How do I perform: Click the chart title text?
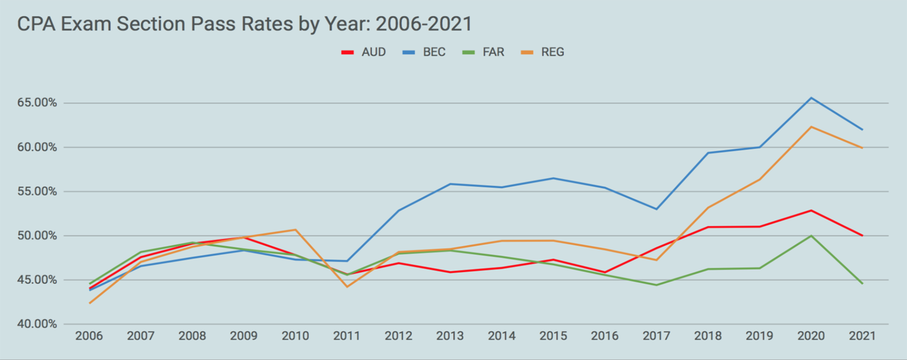coord(244,24)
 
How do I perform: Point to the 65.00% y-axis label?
coord(37,103)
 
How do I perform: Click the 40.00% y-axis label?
coord(37,324)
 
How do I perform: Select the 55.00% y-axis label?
coord(37,192)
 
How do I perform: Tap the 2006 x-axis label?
coord(89,336)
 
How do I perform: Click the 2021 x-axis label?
coord(862,336)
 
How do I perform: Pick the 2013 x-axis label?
coord(450,336)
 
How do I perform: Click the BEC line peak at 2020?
coord(811,98)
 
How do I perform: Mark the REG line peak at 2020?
coord(811,127)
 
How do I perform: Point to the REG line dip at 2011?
coord(347,287)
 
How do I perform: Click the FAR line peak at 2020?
coord(811,236)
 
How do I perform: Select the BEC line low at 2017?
coord(656,209)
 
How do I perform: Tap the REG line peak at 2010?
coord(295,229)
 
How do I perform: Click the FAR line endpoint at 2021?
coord(862,284)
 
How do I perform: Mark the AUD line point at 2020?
coord(811,210)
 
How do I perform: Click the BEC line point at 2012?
coord(398,210)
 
